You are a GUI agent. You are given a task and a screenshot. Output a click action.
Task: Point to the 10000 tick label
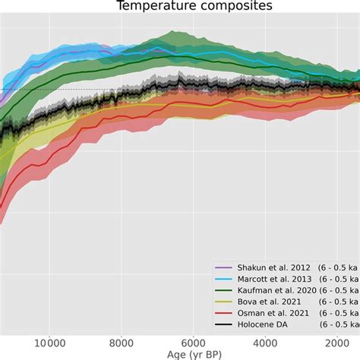pyautogui.click(x=49, y=343)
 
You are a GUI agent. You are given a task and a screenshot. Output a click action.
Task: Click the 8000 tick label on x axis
pyautogui.click(x=122, y=343)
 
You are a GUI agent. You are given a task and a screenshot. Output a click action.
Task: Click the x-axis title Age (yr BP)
pyautogui.click(x=179, y=355)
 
